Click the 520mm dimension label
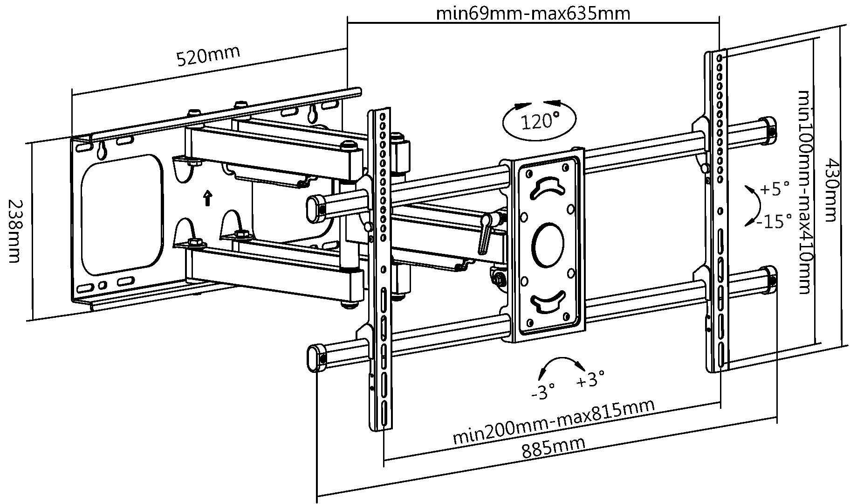208,56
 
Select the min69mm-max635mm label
533,13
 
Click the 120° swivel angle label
540,122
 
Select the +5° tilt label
775,189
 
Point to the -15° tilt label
774,221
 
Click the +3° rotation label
590,380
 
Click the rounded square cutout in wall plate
122,215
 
